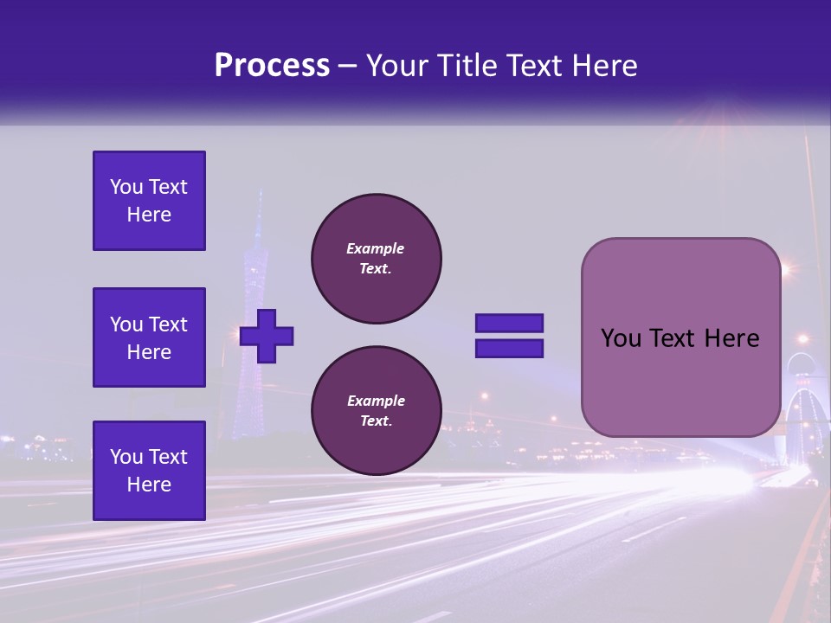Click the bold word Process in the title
tap(272, 66)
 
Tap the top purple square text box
tap(149, 201)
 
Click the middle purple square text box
tap(149, 337)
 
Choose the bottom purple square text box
tap(149, 471)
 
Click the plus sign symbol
tap(267, 337)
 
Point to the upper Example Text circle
tap(376, 259)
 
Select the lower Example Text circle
tap(376, 411)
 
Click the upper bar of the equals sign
tap(509, 324)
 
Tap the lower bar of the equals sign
tap(509, 349)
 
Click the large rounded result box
tap(680, 337)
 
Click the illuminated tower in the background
tap(254, 329)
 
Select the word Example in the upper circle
tap(375, 248)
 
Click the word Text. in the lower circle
tap(375, 421)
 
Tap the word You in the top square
tap(126, 187)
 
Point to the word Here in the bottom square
tap(149, 485)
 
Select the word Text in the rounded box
tap(672, 338)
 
